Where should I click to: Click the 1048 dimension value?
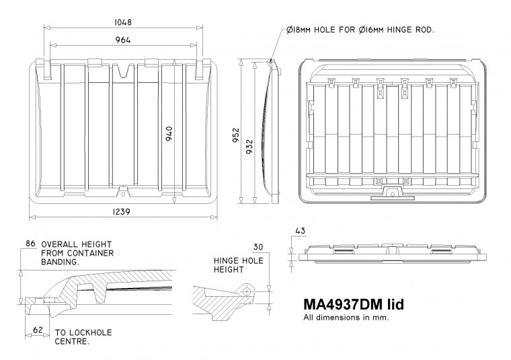pos(122,22)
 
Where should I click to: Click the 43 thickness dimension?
pos(300,231)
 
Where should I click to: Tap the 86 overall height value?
pos(30,243)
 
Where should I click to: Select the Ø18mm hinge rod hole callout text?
pos(360,30)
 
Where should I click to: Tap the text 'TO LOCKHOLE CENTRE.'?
pos(83,337)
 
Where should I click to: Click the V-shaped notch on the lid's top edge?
pos(122,69)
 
